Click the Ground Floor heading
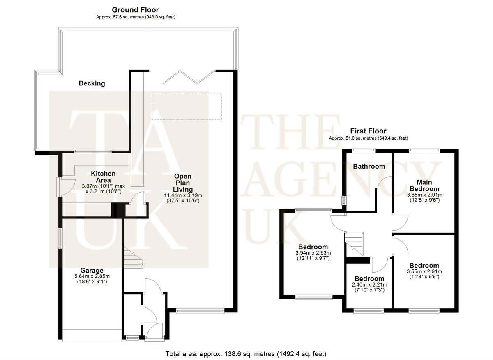[135, 10]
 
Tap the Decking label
[92, 83]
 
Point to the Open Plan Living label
[183, 183]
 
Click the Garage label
[92, 271]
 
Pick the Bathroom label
[369, 166]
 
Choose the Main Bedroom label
[424, 185]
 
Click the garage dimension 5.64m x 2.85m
[92, 276]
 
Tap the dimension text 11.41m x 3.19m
[183, 195]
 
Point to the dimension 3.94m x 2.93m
[313, 253]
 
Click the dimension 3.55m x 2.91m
[424, 271]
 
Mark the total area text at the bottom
[246, 353]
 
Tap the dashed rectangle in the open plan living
[187, 107]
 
